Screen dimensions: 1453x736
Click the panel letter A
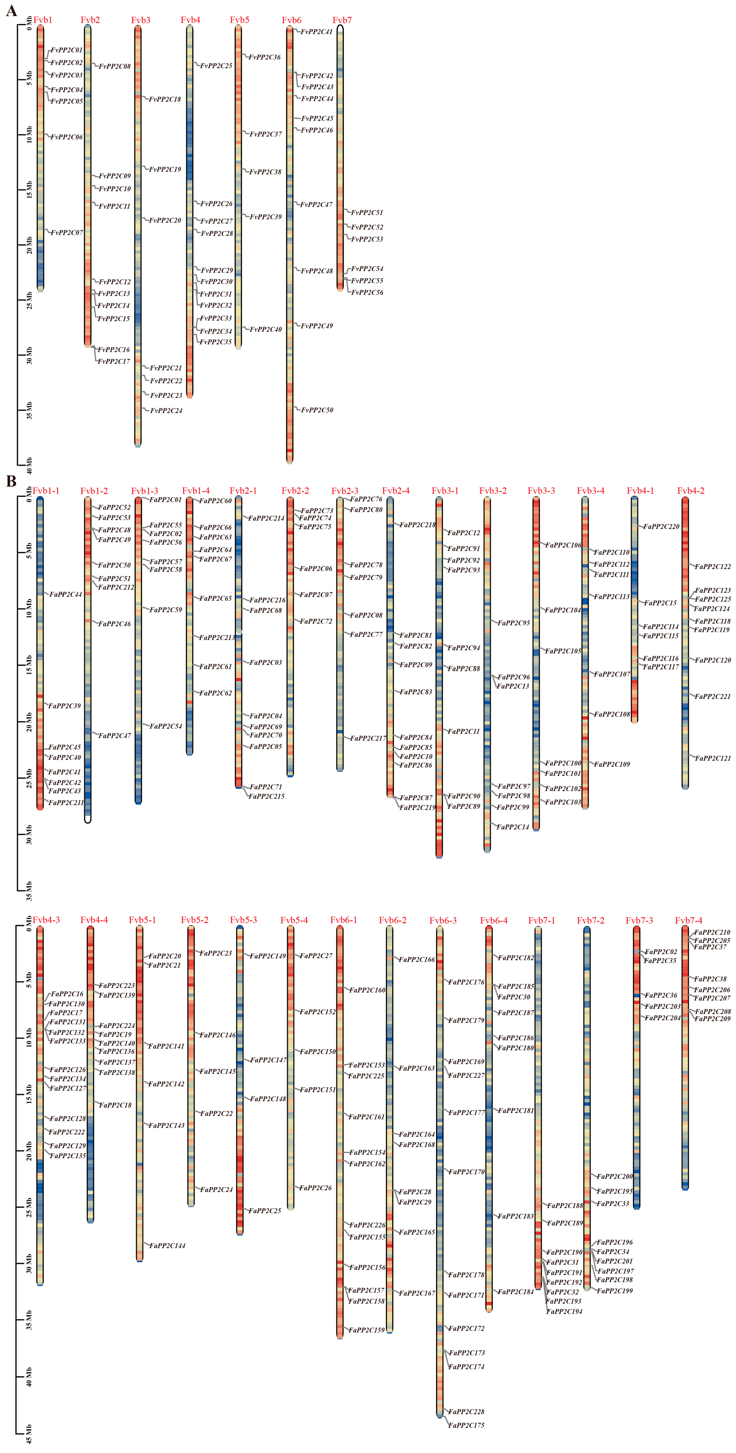[11, 11]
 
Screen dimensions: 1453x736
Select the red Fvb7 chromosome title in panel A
[342, 20]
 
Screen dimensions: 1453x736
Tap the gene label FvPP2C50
[317, 410]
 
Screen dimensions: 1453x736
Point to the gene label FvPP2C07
[67, 232]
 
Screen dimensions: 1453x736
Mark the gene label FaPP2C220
[661, 526]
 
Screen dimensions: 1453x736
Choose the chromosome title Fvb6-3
[443, 921]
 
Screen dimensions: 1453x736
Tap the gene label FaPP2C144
[167, 1245]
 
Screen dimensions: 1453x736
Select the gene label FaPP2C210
[712, 932]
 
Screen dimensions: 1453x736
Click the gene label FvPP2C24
[166, 411]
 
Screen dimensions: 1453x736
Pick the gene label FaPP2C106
[563, 545]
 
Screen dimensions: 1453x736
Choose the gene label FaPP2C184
[516, 1292]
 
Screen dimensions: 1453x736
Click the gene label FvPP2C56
[367, 292]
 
